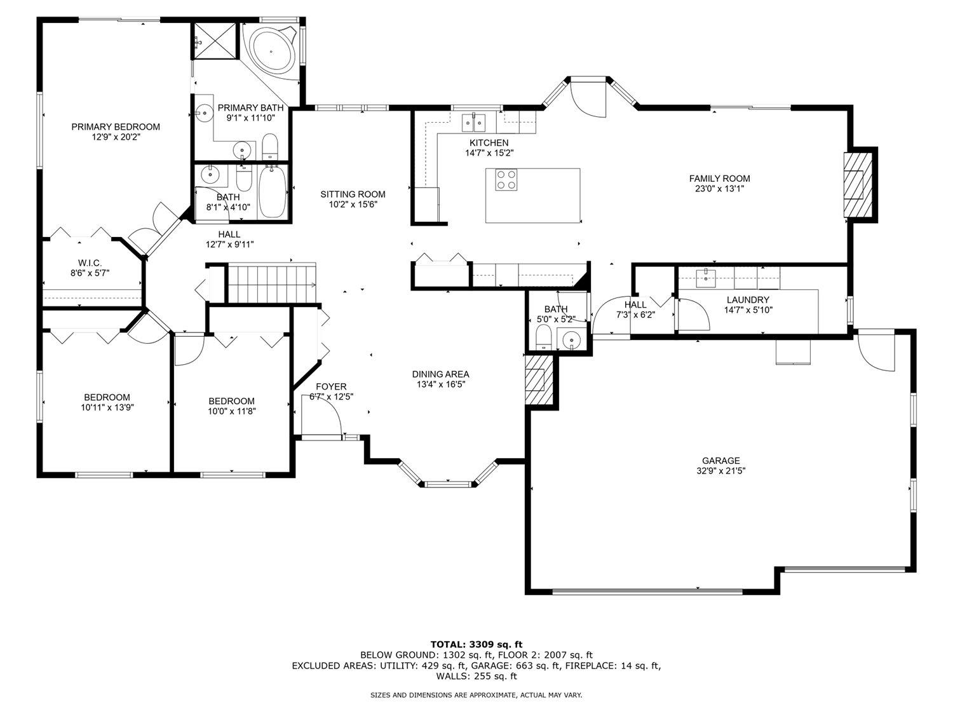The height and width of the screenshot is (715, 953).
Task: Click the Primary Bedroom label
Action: pos(116,126)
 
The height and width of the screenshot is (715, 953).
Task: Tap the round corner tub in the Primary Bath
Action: pos(272,52)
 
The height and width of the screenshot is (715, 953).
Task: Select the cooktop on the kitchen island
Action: pos(506,180)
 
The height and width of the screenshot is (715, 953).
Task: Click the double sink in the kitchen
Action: pos(473,122)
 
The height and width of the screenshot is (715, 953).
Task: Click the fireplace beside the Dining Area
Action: pos(539,380)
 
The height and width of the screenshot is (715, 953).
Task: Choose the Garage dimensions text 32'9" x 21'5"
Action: pos(721,471)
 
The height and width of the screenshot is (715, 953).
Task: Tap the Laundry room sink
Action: pos(706,278)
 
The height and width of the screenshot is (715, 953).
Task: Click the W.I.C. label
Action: pos(90,263)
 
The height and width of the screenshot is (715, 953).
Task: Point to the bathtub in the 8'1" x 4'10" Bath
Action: pos(273,192)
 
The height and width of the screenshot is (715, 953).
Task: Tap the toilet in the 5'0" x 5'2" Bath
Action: pos(543,337)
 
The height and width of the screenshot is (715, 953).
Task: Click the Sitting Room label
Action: pos(353,194)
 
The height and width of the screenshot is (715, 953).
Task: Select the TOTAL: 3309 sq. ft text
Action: pos(476,644)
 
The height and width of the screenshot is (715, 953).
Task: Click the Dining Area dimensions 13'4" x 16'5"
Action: pos(441,385)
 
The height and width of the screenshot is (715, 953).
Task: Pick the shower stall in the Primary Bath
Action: pos(215,41)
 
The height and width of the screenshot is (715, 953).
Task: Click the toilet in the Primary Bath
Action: pos(270,146)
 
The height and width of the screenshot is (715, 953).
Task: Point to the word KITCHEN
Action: pos(489,143)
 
